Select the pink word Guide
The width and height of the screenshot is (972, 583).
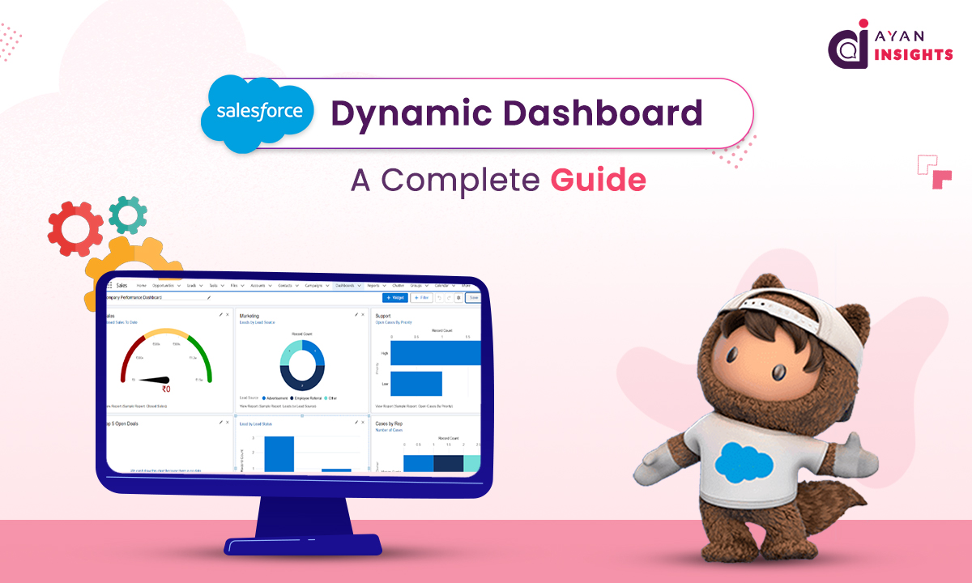[x=598, y=179]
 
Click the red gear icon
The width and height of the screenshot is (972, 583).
[x=75, y=230]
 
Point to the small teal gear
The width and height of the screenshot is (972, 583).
[x=128, y=215]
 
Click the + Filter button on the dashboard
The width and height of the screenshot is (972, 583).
[x=421, y=298]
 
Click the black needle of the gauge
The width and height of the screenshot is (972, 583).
[x=154, y=378]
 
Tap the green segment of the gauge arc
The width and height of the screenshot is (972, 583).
[x=205, y=360]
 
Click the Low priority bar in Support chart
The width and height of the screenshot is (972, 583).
[x=416, y=383]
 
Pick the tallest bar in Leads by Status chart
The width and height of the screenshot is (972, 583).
[x=279, y=453]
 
